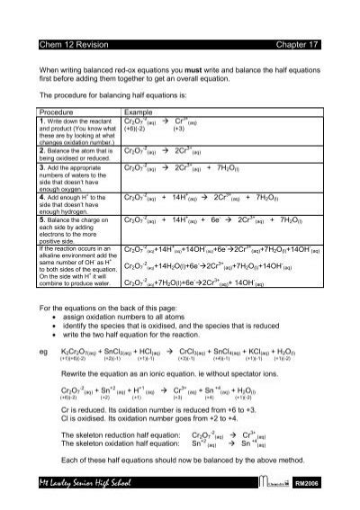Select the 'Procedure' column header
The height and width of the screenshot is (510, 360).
click(58, 111)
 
